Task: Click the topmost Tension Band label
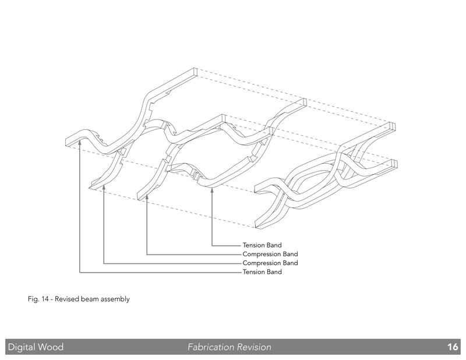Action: point(262,245)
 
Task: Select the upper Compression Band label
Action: point(270,254)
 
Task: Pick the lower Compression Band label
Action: point(270,263)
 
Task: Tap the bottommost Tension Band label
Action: point(262,272)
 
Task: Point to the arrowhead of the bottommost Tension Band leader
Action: point(80,143)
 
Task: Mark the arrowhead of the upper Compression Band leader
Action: point(147,197)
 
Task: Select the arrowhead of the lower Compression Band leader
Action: point(104,188)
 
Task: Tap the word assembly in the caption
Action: point(114,299)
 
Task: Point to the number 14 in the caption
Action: point(45,299)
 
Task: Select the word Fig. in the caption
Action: point(33,299)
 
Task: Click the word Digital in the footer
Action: point(22,347)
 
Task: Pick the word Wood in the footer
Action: point(51,347)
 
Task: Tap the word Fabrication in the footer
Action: point(211,347)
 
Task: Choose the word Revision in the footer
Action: point(254,347)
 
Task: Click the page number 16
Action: point(453,347)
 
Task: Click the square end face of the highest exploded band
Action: point(195,72)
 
